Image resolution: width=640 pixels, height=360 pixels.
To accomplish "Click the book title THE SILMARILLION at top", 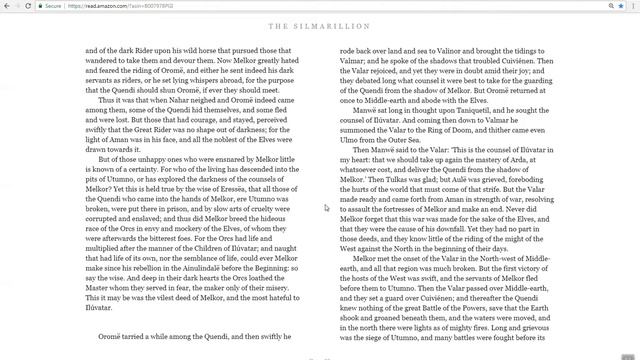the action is coord(319,26).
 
